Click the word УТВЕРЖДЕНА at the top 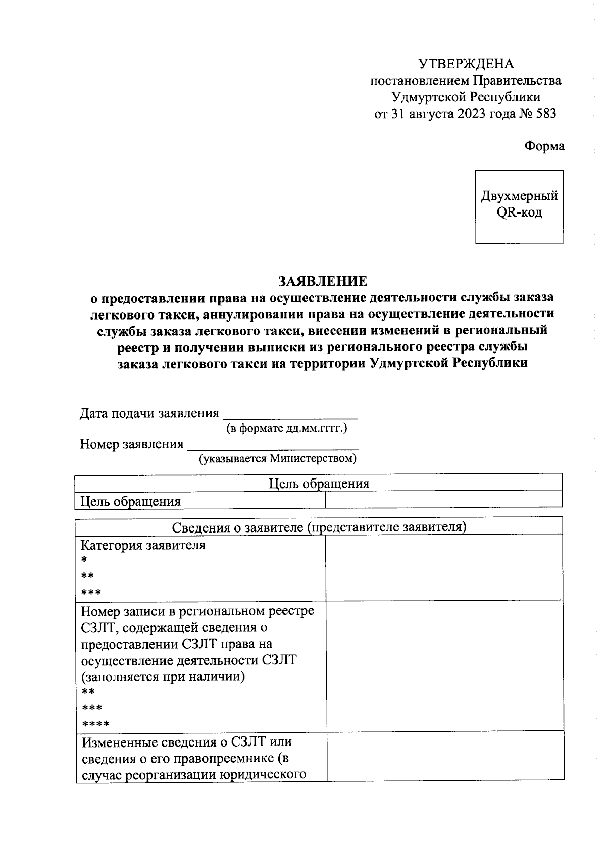[x=466, y=64]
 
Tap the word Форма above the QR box [x=544, y=146]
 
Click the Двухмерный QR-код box [x=519, y=206]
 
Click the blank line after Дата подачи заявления [x=290, y=415]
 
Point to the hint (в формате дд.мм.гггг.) [x=286, y=429]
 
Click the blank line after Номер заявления [x=273, y=445]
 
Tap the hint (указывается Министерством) [x=277, y=459]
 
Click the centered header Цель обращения [x=319, y=484]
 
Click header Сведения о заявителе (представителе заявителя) [x=319, y=527]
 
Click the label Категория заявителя [x=143, y=545]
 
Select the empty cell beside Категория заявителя [x=443, y=567]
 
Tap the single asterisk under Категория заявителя [x=84, y=560]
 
